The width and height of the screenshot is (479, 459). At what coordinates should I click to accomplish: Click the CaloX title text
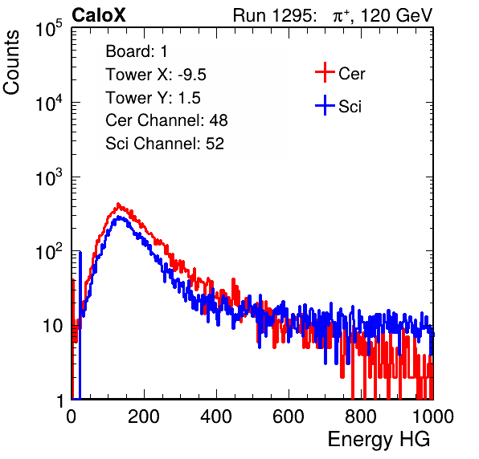(x=99, y=15)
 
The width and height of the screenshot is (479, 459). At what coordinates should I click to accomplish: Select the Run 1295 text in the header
(x=274, y=15)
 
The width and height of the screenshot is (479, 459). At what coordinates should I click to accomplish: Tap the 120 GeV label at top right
(x=397, y=15)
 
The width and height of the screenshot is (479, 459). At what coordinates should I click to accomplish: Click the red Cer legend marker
(x=325, y=72)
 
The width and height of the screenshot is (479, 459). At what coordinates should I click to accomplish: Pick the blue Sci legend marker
(x=325, y=106)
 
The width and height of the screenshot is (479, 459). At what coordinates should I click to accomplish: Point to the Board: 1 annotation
(x=137, y=51)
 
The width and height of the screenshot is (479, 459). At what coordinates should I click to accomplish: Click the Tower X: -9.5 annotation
(x=156, y=75)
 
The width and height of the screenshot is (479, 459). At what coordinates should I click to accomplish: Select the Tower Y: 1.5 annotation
(x=153, y=98)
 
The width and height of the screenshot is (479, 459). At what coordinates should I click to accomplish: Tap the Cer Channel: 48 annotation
(x=166, y=120)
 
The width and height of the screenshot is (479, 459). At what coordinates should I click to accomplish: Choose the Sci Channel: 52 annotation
(x=165, y=144)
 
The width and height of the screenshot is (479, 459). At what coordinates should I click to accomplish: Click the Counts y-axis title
(x=11, y=63)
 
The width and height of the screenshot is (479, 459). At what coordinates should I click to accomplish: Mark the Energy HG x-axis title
(x=379, y=440)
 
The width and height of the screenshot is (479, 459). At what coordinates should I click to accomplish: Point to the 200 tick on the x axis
(x=144, y=416)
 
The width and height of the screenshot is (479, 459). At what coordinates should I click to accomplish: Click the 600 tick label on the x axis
(x=289, y=416)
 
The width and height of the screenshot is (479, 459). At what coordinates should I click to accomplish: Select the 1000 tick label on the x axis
(x=433, y=416)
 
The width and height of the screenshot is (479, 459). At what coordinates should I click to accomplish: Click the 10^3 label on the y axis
(x=49, y=177)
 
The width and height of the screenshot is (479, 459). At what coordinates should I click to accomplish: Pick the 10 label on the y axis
(x=52, y=327)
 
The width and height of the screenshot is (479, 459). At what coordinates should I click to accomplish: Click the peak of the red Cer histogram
(x=118, y=204)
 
